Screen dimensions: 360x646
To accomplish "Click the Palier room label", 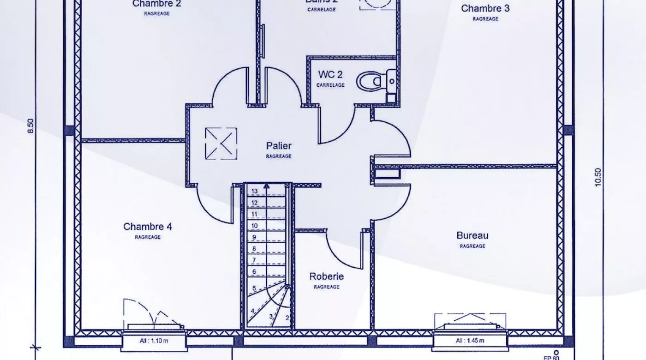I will tap(279, 146).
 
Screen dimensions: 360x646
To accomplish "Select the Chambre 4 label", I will tap(148, 227).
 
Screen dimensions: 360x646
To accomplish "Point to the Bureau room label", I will tap(472, 235).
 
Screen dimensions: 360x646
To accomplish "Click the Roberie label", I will tap(326, 276).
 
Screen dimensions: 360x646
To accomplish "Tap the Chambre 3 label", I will tap(485, 8).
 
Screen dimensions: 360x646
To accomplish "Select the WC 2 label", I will tap(330, 75).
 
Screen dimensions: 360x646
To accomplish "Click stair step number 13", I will tap(254, 191).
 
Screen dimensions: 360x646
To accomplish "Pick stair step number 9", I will tap(254, 237).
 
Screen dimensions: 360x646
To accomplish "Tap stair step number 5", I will tap(254, 288).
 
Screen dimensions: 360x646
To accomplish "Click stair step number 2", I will tap(287, 318).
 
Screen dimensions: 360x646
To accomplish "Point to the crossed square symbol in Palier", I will tap(221, 144).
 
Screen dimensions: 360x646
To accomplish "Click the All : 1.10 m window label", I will tap(154, 341).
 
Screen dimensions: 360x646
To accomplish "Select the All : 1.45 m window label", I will tap(470, 341).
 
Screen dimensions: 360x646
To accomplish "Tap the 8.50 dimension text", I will tap(31, 126).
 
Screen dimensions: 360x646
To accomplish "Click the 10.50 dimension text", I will tap(598, 177).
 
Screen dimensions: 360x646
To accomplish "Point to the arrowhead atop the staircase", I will tap(266, 186).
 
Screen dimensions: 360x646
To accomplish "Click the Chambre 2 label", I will tap(156, 4).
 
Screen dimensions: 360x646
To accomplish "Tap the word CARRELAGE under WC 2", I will tap(330, 85).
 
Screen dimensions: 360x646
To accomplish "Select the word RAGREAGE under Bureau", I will tap(472, 246).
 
